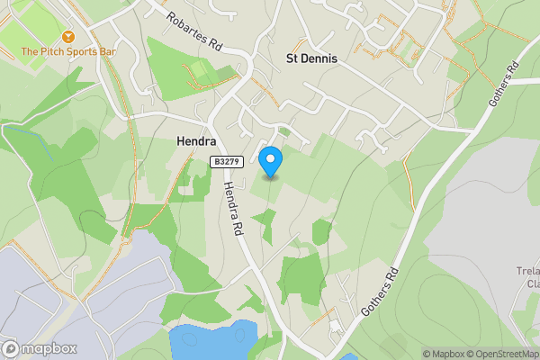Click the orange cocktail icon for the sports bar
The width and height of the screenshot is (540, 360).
click(11, 52)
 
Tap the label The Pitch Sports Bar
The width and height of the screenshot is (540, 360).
click(69, 52)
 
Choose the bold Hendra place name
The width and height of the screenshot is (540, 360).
click(192, 141)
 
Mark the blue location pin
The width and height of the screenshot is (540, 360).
click(270, 162)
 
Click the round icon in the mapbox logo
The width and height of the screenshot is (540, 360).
click(11, 348)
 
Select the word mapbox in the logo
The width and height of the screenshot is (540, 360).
click(49, 349)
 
